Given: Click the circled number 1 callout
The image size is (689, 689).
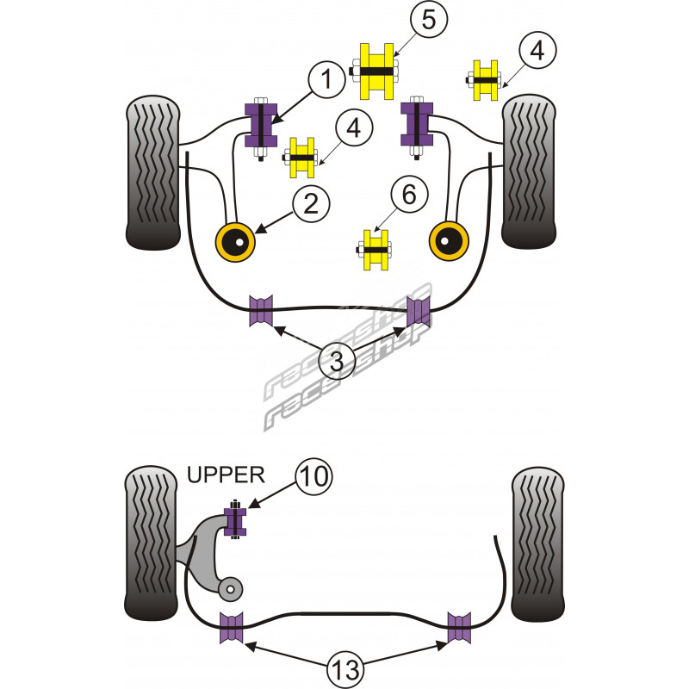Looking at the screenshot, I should click(326, 82).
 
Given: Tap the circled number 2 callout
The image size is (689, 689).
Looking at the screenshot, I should click(311, 203).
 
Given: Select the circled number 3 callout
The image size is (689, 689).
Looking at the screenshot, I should click(337, 363).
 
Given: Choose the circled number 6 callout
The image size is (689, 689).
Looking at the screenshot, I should click(408, 195).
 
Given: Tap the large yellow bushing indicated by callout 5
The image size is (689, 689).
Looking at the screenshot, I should click(376, 70).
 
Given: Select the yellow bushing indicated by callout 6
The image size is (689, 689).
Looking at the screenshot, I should click(376, 251).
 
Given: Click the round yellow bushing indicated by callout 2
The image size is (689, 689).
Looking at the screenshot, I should click(235, 242).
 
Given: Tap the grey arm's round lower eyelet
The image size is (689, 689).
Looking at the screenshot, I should click(229, 588).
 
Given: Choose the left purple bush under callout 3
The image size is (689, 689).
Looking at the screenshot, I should click(261, 311).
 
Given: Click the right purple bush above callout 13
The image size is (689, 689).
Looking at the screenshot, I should click(458, 626).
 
